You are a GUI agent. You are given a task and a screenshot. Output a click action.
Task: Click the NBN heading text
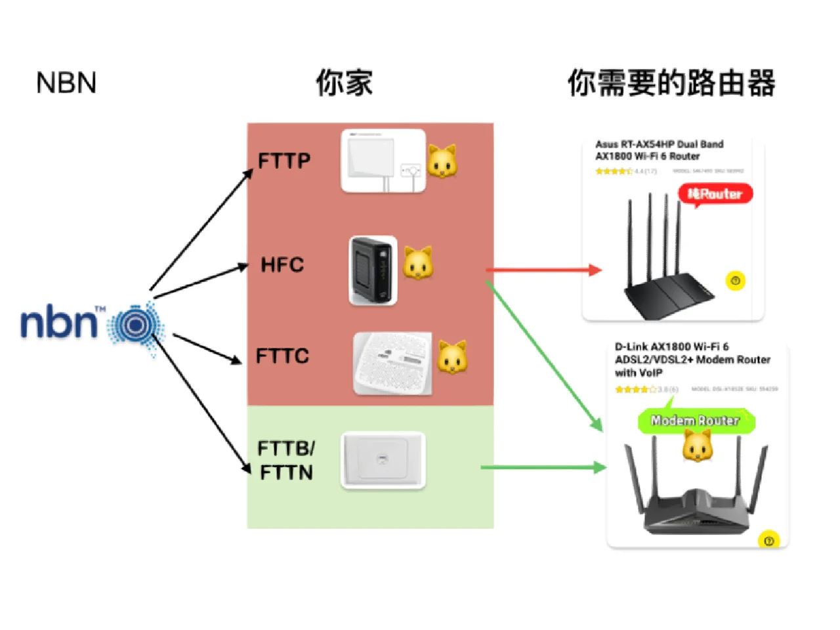(x=66, y=83)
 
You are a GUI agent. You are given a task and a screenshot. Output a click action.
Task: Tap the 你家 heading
(x=345, y=83)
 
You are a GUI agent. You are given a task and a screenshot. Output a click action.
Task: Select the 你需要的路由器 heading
(x=671, y=83)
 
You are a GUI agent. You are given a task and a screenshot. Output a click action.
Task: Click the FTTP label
(x=283, y=161)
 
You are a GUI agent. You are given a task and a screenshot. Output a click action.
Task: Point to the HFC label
(x=282, y=265)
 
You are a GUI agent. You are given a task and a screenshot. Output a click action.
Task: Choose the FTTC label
(x=282, y=356)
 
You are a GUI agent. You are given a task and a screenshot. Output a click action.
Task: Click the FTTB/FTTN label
(x=286, y=460)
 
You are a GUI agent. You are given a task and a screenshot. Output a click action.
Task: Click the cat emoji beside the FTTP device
(x=442, y=161)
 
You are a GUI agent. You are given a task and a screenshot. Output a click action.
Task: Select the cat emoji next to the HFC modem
(x=418, y=263)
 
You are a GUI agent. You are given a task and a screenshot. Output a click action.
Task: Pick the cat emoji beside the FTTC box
(x=453, y=357)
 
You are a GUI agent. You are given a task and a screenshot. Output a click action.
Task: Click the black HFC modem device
(x=373, y=270)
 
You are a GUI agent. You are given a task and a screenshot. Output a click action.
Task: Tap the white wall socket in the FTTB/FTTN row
(x=383, y=460)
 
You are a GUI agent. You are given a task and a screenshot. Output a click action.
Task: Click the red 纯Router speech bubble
(x=715, y=194)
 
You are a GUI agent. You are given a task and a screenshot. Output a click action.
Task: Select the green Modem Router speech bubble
(x=696, y=421)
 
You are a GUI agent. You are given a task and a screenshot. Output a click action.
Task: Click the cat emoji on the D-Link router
(x=697, y=448)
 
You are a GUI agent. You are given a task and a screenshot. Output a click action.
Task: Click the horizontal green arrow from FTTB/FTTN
(x=543, y=467)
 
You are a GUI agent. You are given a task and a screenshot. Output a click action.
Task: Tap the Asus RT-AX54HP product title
(x=660, y=150)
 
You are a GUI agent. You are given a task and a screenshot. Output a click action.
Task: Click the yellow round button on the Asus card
(x=736, y=281)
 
